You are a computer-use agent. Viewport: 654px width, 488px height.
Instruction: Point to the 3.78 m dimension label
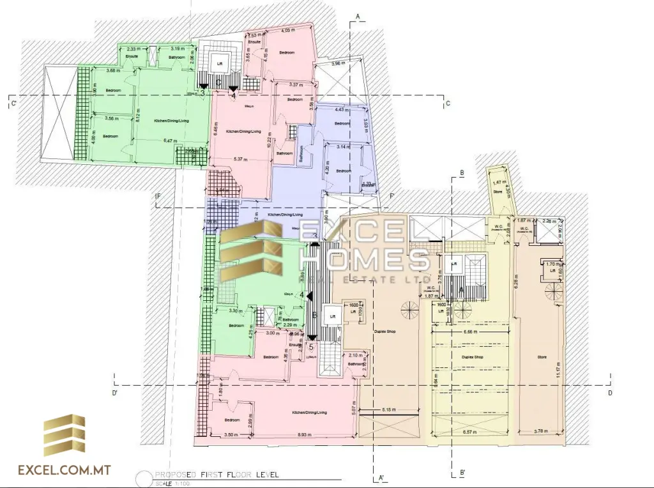pyautogui.click(x=541, y=432)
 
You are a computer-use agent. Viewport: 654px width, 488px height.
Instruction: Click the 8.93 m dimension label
pyautogui.click(x=304, y=434)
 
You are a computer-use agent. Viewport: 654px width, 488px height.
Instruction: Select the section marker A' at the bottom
pyautogui.click(x=381, y=477)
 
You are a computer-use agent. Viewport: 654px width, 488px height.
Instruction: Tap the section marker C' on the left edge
pyautogui.click(x=12, y=102)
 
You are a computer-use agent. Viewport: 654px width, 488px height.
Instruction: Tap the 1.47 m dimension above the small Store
pyautogui.click(x=498, y=183)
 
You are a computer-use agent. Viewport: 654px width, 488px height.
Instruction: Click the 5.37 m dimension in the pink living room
pyautogui.click(x=241, y=158)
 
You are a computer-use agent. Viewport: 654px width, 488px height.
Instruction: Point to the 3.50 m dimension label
pyautogui.click(x=232, y=434)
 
